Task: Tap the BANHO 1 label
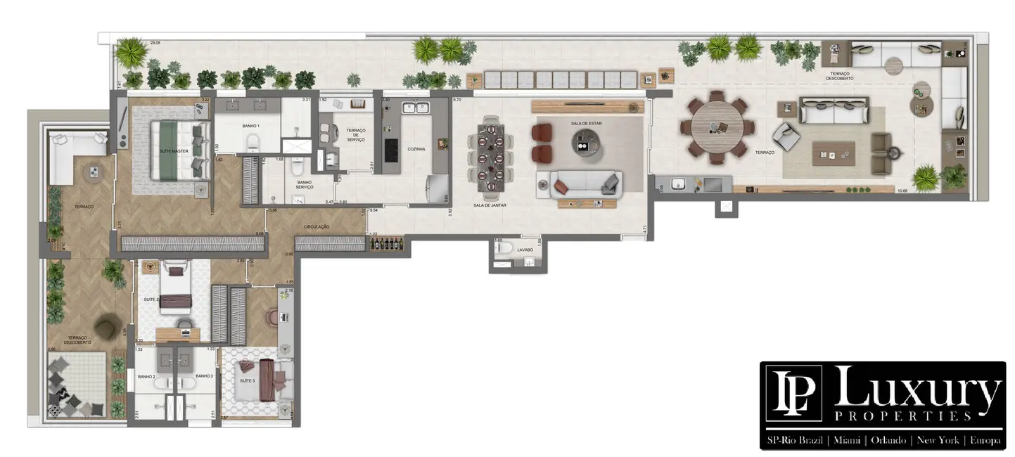pyautogui.click(x=251, y=126)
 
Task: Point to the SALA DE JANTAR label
pyautogui.click(x=490, y=205)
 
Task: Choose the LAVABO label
pyautogui.click(x=525, y=250)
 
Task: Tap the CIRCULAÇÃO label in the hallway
pyautogui.click(x=317, y=226)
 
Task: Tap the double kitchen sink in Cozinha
pyautogui.click(x=415, y=108)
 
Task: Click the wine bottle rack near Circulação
pyautogui.click(x=387, y=243)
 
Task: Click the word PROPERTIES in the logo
pyautogui.click(x=903, y=416)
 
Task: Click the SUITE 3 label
pyautogui.click(x=248, y=380)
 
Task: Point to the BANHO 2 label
pyautogui.click(x=146, y=377)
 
